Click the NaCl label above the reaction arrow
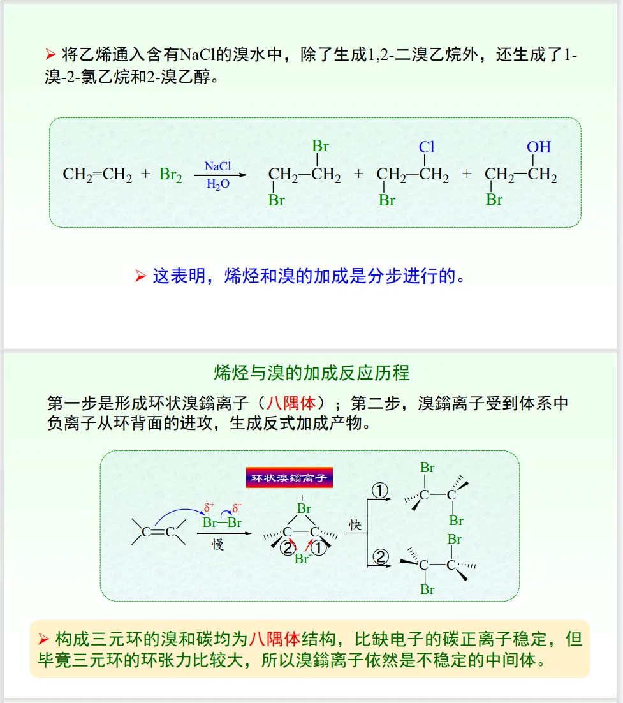click(217, 166)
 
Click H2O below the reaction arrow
click(217, 184)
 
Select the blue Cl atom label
click(427, 147)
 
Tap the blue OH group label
click(539, 147)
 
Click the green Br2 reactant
click(170, 175)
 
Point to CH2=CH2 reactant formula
click(98, 175)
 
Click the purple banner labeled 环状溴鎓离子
click(289, 478)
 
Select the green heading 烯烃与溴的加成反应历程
click(312, 373)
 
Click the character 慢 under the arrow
click(218, 545)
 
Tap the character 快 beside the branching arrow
click(355, 525)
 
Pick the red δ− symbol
click(237, 508)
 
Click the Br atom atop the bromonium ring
click(304, 508)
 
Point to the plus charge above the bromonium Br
click(302, 497)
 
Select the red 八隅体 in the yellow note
click(274, 639)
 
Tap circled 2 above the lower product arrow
click(380, 557)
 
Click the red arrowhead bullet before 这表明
click(140, 277)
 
